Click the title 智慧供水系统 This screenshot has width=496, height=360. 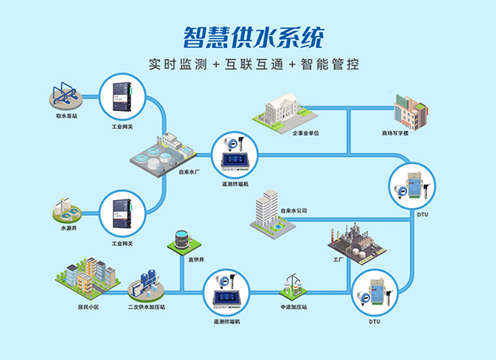pyautogui.click(x=247, y=36)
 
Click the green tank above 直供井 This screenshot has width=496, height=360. pyautogui.click(x=182, y=239)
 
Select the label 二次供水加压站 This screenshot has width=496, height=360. pyautogui.click(x=146, y=306)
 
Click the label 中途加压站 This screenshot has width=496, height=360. pyautogui.click(x=293, y=306)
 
